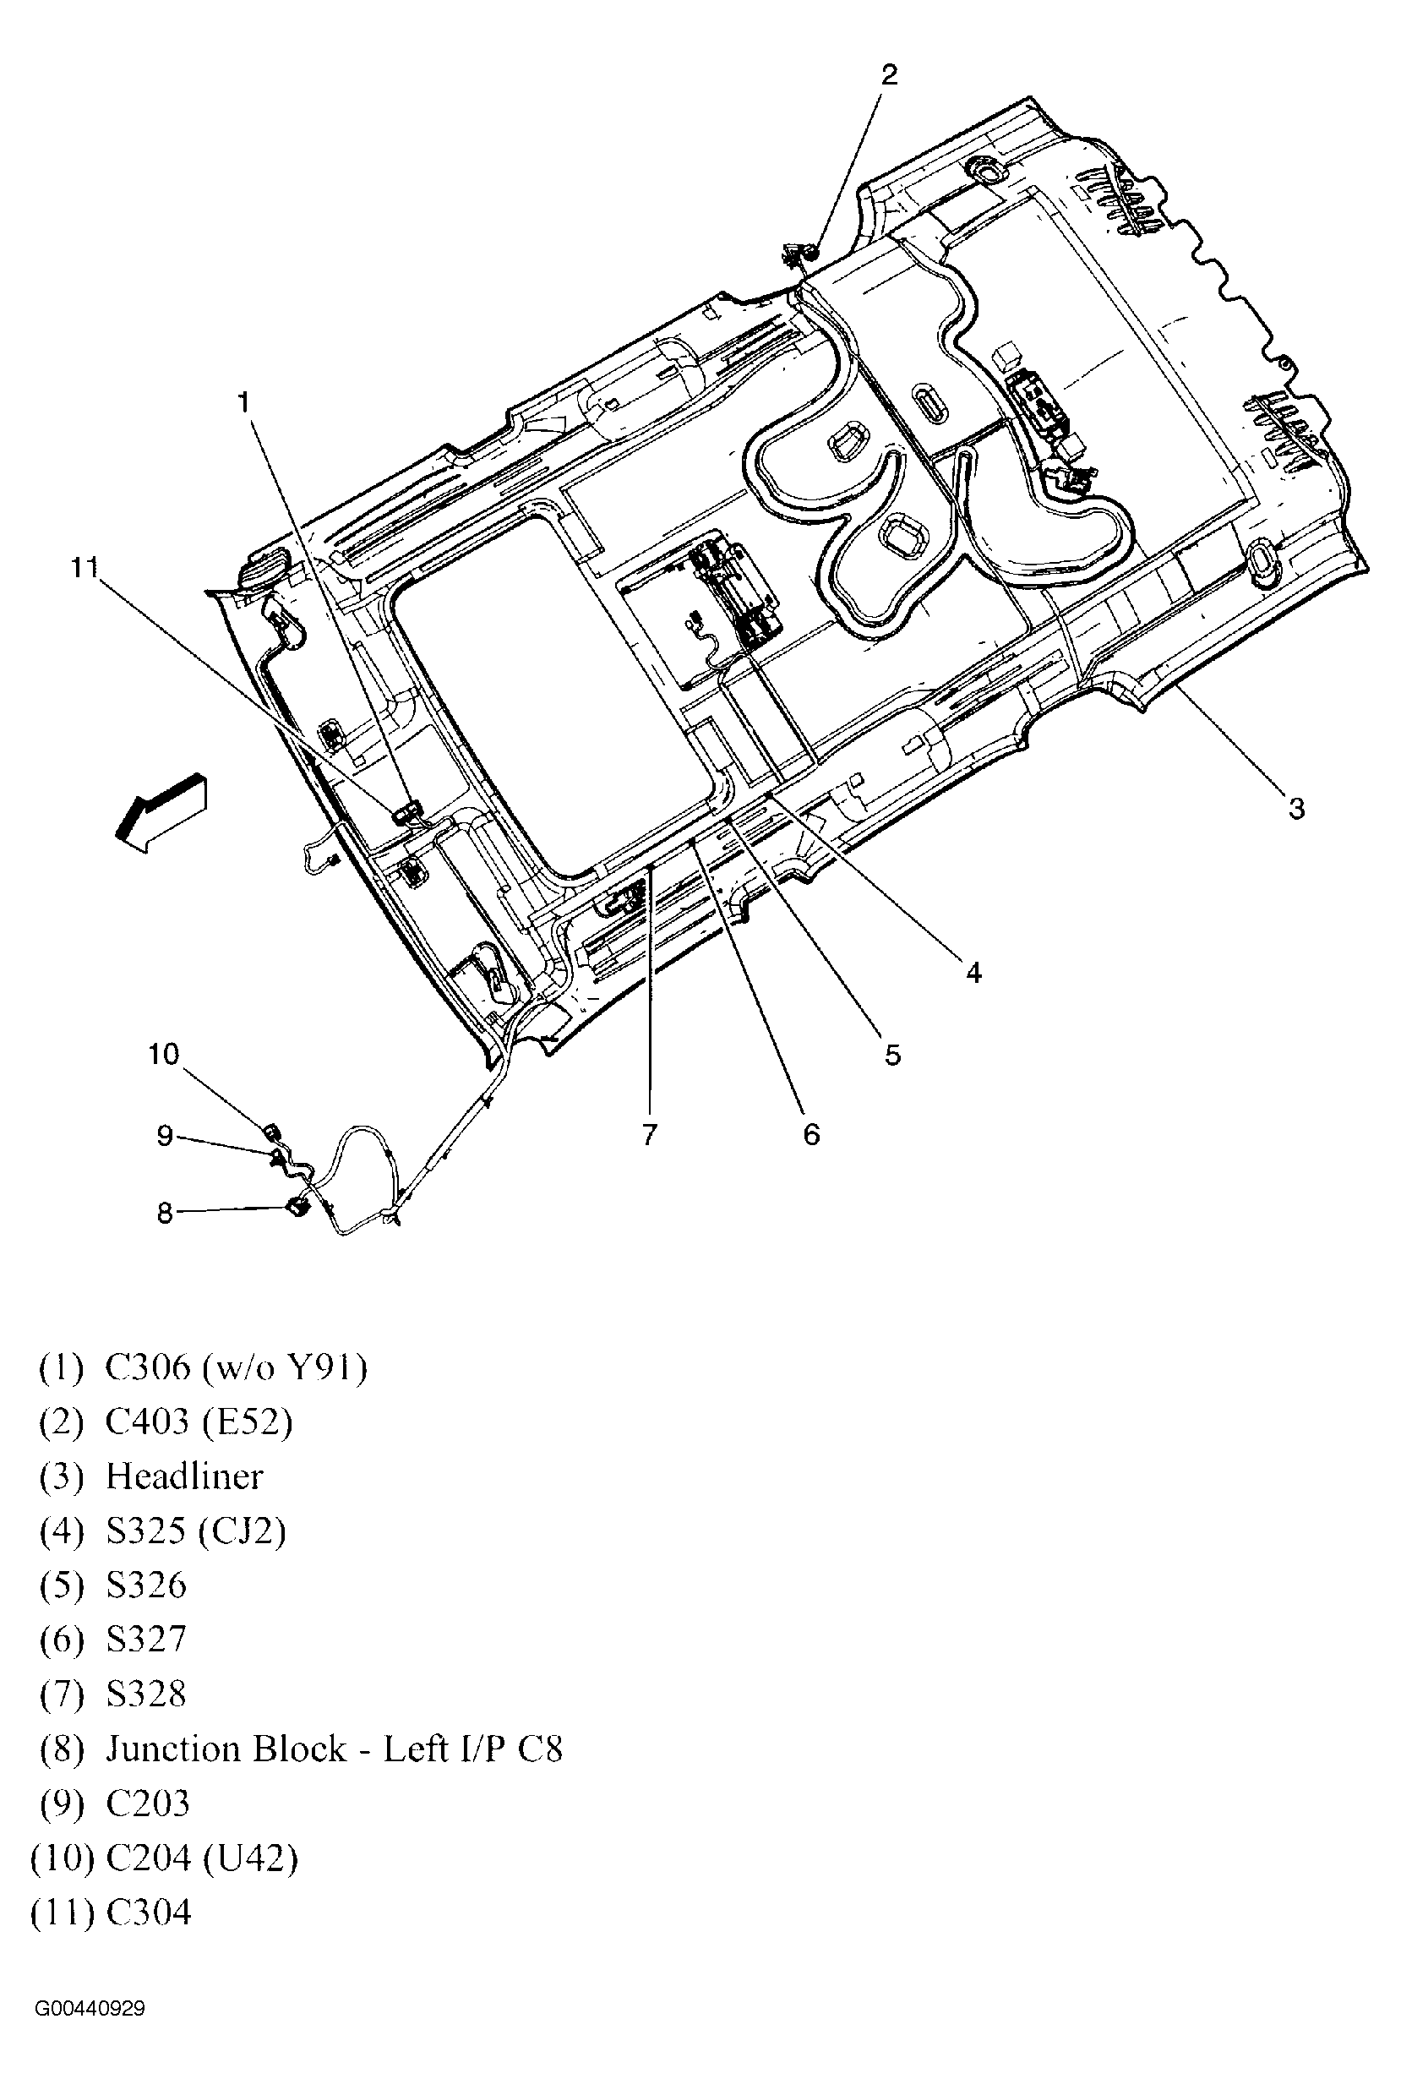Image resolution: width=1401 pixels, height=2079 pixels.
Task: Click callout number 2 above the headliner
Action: [888, 75]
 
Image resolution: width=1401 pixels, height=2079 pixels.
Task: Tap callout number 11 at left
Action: [84, 567]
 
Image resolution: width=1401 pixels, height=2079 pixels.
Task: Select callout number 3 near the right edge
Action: [1295, 809]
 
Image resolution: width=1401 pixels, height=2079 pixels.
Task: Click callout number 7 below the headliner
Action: [650, 1135]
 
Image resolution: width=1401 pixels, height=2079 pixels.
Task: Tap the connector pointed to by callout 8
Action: [297, 1208]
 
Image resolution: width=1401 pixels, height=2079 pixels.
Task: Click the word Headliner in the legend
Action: [184, 1476]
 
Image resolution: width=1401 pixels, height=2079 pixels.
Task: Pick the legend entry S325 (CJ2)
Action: [196, 1531]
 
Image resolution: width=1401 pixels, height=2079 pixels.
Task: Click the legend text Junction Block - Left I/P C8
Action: [334, 1749]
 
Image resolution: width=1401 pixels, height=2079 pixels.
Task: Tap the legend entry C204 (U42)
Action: [202, 1858]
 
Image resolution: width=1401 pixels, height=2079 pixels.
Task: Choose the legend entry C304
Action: [149, 1912]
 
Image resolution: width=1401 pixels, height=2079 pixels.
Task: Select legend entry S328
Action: [145, 1694]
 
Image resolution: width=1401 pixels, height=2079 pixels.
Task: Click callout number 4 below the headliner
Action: [974, 971]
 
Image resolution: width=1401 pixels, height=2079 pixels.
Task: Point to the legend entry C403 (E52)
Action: [199, 1421]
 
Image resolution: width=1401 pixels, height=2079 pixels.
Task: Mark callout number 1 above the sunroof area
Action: [243, 404]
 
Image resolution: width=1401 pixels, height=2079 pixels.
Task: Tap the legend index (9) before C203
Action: [62, 1803]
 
